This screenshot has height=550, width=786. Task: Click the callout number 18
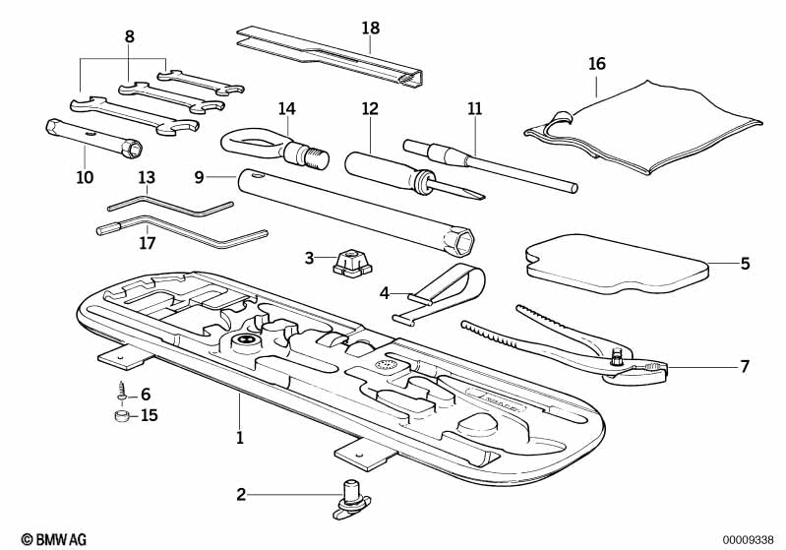tap(370, 28)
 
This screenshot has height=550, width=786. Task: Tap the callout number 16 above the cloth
tap(597, 64)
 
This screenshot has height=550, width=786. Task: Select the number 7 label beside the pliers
tap(745, 367)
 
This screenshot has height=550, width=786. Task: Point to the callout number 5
tap(745, 264)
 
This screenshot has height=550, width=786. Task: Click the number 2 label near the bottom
tap(241, 494)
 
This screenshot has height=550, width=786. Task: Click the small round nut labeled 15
tap(119, 416)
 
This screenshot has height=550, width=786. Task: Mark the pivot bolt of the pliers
tap(617, 358)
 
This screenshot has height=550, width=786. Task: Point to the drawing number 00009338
tap(750, 538)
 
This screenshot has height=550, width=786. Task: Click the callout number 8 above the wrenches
tap(130, 36)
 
